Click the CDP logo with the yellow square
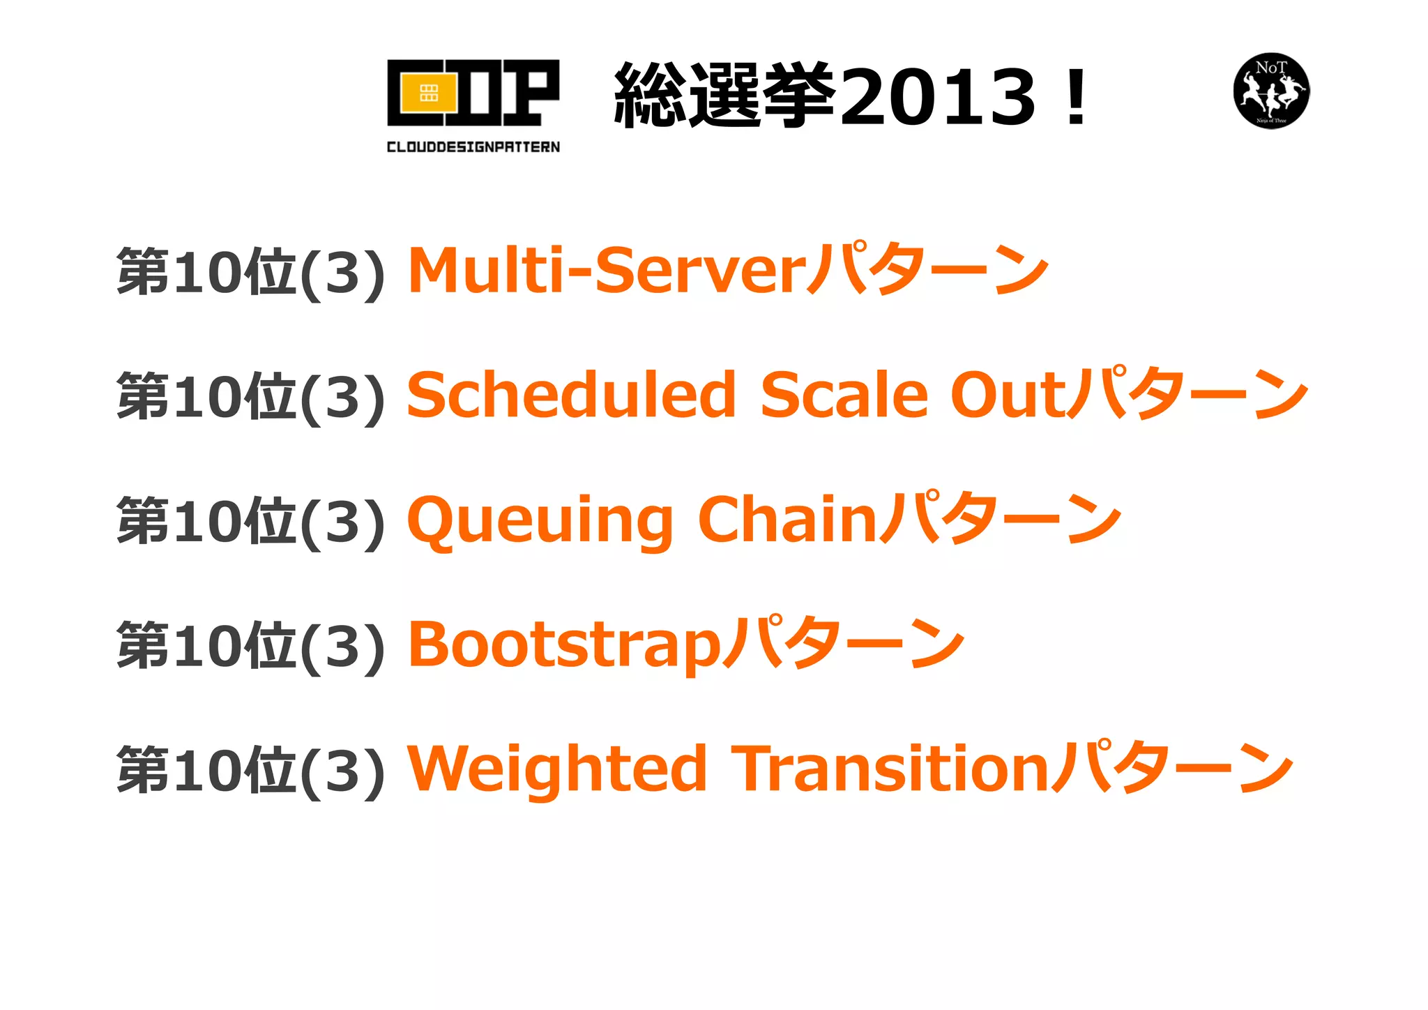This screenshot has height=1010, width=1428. click(x=473, y=93)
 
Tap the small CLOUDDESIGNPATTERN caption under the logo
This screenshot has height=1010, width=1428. click(x=473, y=146)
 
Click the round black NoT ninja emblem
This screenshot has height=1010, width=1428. click(x=1271, y=91)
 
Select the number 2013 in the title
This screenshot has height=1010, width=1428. click(x=939, y=96)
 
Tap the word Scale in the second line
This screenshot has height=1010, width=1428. click(x=844, y=395)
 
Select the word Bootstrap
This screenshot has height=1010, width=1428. click(x=563, y=646)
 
